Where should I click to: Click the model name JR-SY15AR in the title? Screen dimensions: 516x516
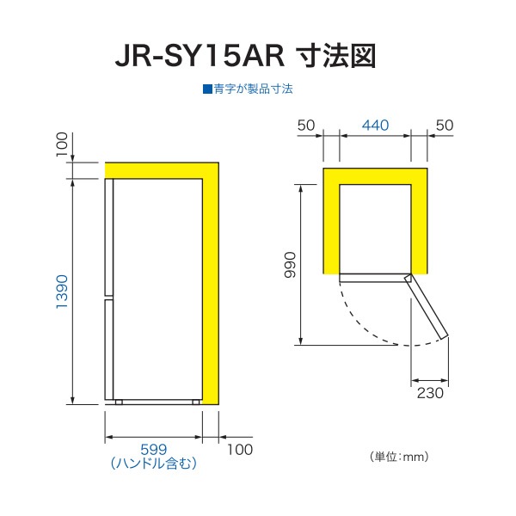[x=200, y=56]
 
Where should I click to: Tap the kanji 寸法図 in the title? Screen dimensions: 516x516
[x=336, y=56]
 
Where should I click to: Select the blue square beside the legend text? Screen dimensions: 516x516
[x=207, y=89]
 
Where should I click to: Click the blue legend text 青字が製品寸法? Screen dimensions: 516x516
[x=253, y=89]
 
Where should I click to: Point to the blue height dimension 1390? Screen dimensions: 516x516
[x=62, y=292]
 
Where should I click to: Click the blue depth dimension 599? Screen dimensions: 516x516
[x=154, y=450]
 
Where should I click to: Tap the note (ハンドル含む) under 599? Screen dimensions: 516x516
[x=154, y=464]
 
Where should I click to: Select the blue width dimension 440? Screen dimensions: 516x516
[x=375, y=125]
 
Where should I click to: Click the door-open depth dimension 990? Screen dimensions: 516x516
[x=291, y=265]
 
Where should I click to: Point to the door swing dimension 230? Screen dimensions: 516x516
[x=430, y=393]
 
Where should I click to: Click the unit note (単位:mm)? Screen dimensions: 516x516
[x=399, y=457]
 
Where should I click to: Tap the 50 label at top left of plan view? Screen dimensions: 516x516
[x=306, y=126]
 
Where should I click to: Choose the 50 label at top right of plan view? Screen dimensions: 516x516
[x=445, y=126]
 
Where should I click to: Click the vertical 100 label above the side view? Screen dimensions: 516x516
[x=62, y=144]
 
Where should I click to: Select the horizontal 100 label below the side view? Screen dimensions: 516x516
[x=240, y=450]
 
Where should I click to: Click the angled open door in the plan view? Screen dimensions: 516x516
[x=427, y=306]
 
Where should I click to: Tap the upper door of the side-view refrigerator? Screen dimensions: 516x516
[x=109, y=237]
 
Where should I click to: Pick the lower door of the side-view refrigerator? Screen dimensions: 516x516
[x=109, y=349]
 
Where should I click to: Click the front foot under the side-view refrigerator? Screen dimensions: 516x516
[x=119, y=402]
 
